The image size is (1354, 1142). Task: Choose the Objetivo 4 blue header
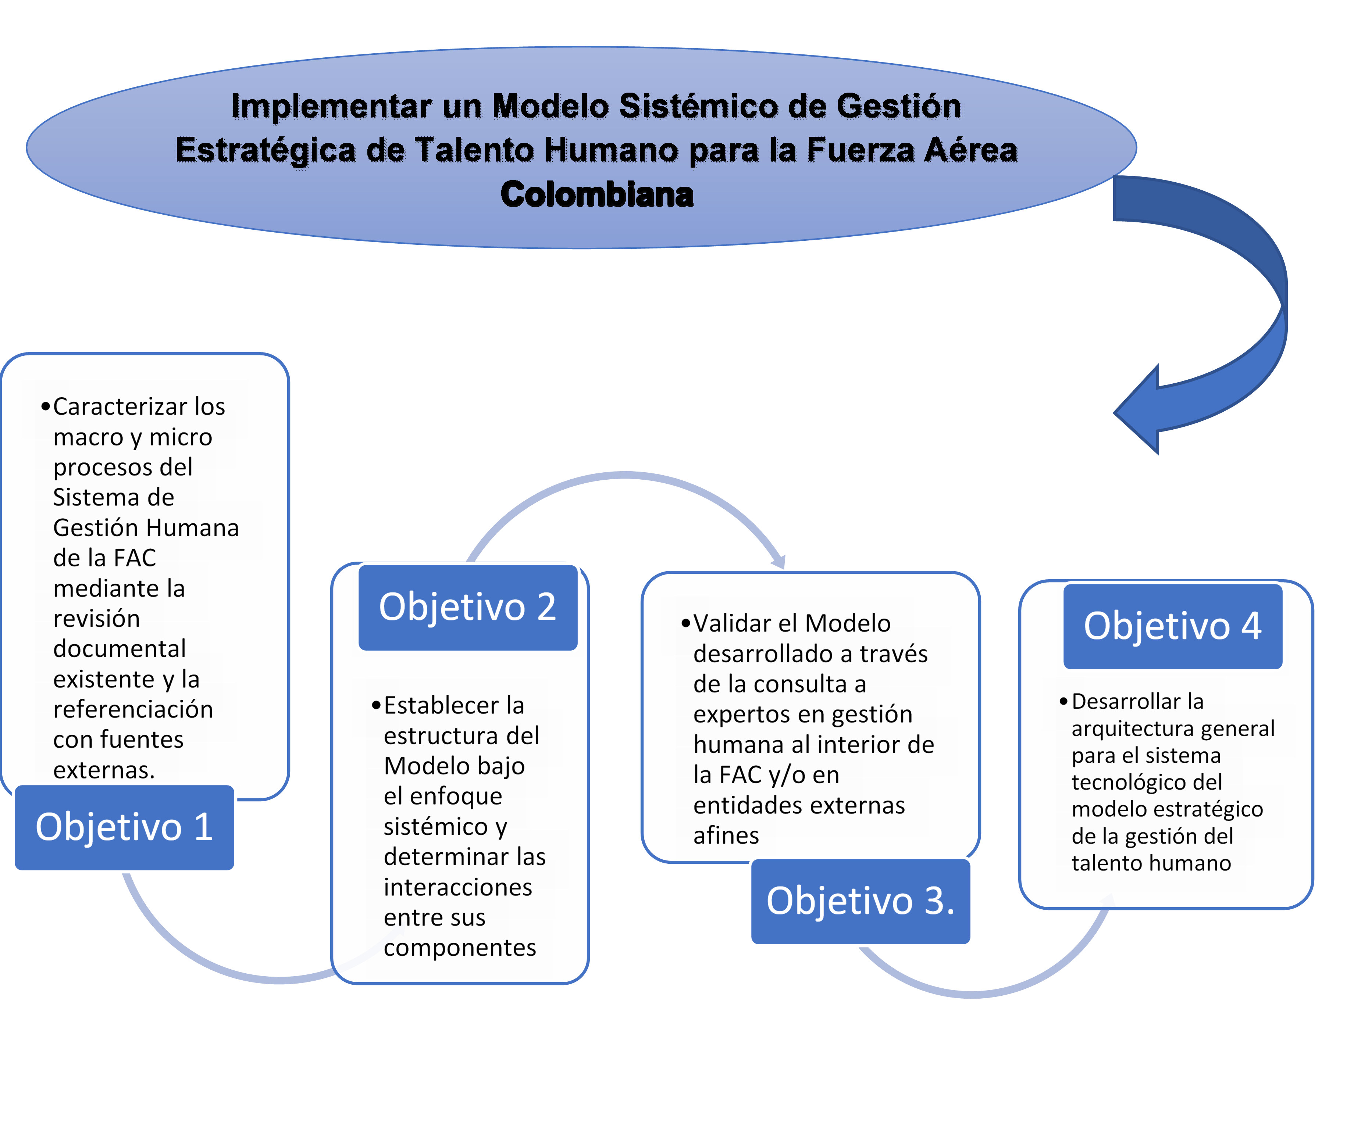click(1173, 626)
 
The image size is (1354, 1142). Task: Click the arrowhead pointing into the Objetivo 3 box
click(779, 561)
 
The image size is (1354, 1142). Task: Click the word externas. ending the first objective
click(104, 770)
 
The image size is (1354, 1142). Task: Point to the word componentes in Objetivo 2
click(460, 947)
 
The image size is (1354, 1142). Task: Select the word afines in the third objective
click(726, 835)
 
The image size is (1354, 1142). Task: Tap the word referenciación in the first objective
click(133, 709)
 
